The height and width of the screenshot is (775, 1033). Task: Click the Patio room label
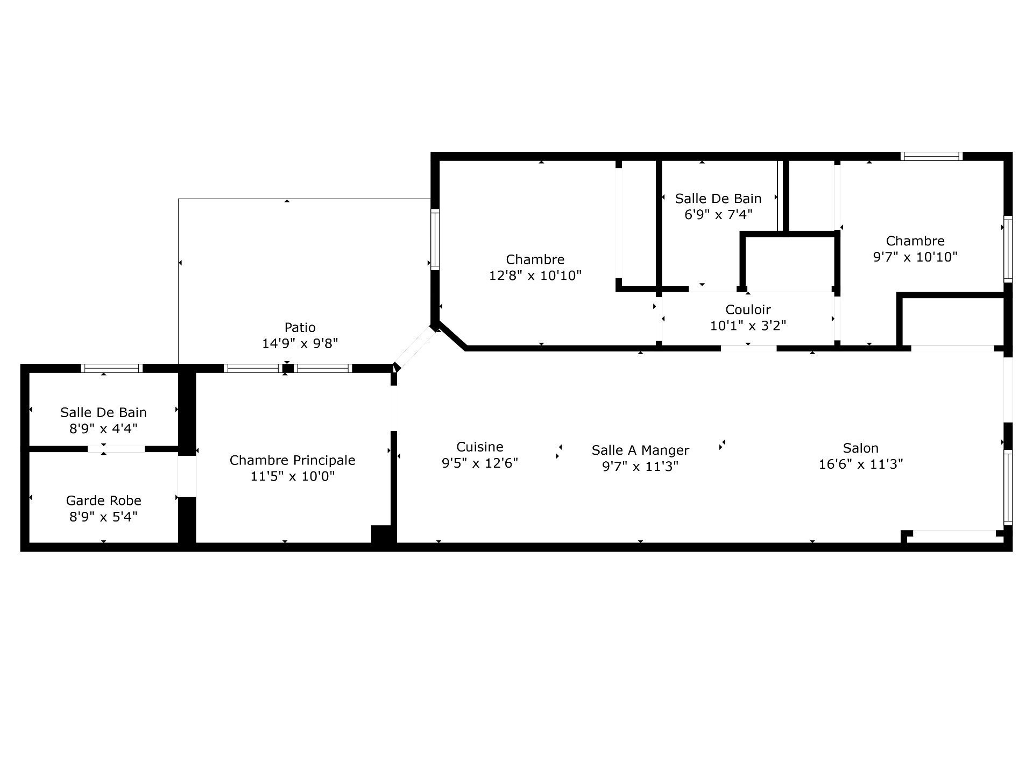[x=300, y=327]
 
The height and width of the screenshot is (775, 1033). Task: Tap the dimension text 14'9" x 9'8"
[x=300, y=343]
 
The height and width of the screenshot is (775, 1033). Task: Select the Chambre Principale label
[x=293, y=460]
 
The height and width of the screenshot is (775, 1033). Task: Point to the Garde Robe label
[x=103, y=501]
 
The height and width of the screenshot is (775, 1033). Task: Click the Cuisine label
[x=480, y=447]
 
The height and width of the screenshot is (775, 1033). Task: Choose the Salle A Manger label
[x=640, y=450]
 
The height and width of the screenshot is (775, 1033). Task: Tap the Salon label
[x=861, y=448]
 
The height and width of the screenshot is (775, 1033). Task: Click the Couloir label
[x=748, y=309]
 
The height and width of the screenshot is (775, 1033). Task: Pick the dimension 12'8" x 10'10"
[x=535, y=276]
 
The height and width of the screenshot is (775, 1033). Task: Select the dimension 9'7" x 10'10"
[x=915, y=257]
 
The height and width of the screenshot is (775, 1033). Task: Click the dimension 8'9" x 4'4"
[x=103, y=429]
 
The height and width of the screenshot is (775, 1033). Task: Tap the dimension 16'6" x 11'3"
[x=861, y=464]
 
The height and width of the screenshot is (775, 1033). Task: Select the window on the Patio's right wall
[x=435, y=239]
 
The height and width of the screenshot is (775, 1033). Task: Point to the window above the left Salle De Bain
[x=112, y=368]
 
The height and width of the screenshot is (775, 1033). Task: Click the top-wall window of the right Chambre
[x=932, y=156]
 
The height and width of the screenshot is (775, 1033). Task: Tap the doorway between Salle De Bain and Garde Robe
[x=116, y=449]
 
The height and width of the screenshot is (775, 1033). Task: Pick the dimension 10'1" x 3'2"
[x=748, y=326]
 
